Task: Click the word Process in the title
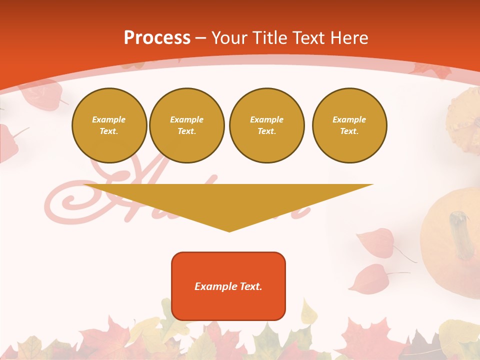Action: [157, 38]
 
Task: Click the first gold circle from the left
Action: [109, 125]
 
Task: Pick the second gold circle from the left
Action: [187, 125]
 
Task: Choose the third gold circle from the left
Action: [266, 125]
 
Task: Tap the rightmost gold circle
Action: [349, 125]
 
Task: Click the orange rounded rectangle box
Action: [228, 286]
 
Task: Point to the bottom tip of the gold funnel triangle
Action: [229, 230]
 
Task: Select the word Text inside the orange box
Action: [250, 286]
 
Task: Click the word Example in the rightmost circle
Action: [349, 119]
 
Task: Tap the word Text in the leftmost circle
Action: [108, 131]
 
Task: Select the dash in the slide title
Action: [200, 38]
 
